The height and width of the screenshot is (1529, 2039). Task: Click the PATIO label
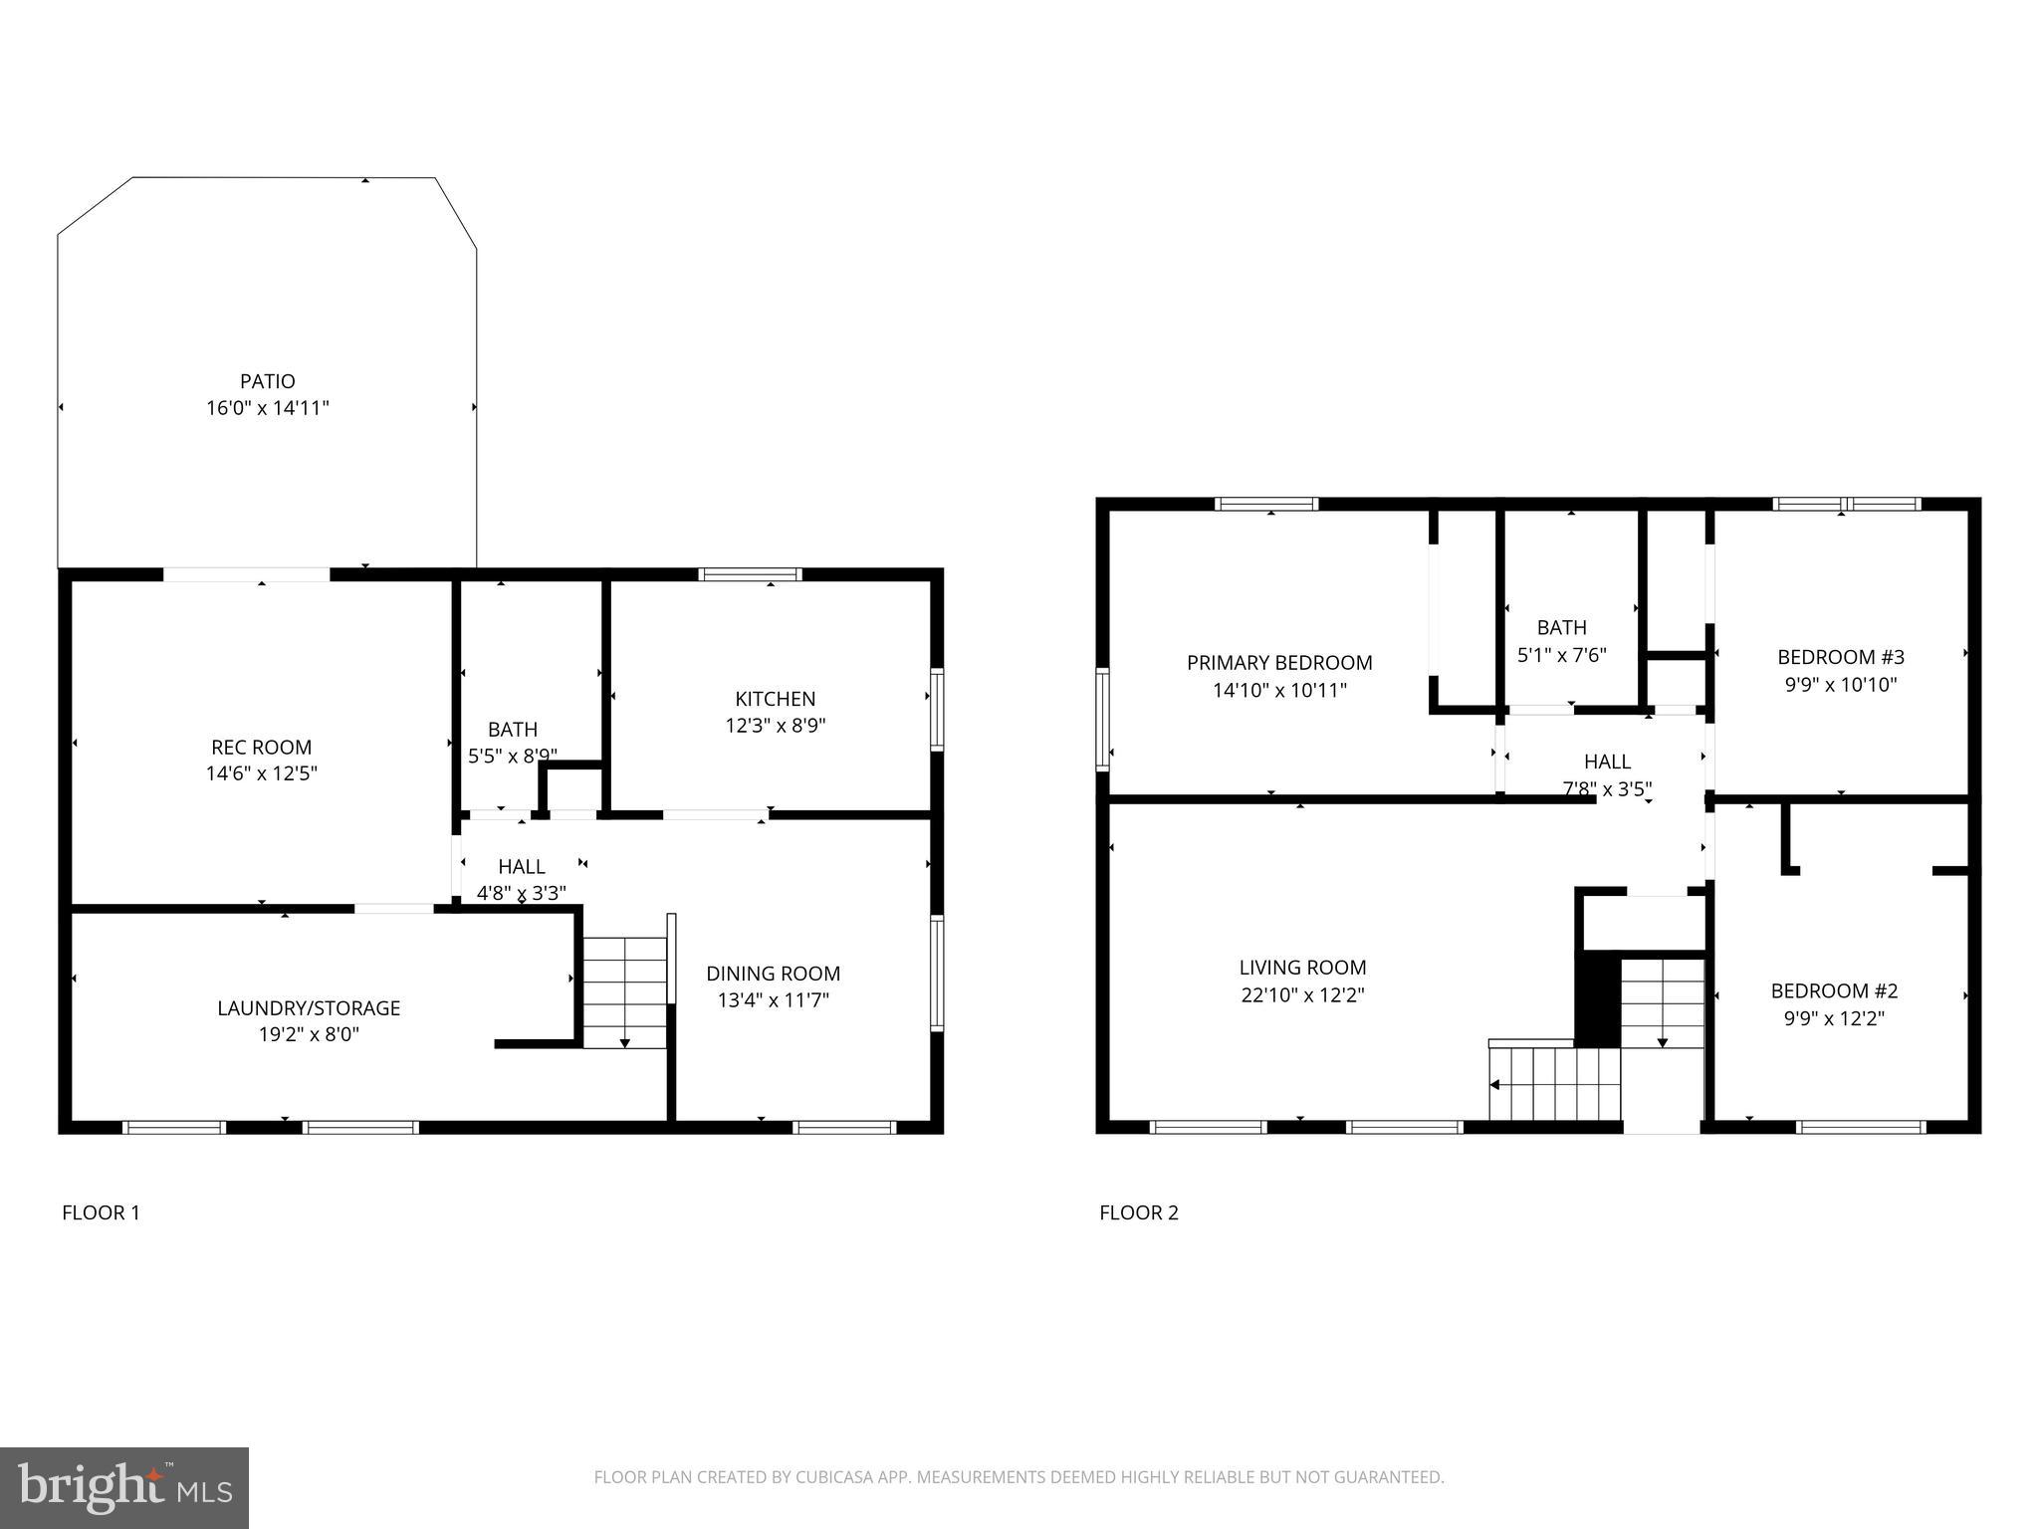[x=267, y=381]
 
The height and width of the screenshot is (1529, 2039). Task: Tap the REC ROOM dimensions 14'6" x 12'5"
[x=261, y=773]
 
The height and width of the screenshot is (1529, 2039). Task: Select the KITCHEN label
[x=775, y=699]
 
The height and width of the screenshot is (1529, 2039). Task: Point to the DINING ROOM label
[x=773, y=974]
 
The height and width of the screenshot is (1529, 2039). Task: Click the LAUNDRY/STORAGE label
[x=309, y=1008]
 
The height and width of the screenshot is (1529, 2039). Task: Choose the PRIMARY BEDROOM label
[x=1279, y=663]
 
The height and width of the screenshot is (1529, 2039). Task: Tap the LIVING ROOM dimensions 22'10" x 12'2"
[x=1302, y=994]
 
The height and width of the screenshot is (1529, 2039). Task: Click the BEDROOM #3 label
[x=1840, y=657]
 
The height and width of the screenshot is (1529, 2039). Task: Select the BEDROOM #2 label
[x=1834, y=991]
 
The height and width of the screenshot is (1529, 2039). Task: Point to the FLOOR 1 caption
[x=101, y=1212]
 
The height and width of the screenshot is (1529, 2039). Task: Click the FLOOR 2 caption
[x=1138, y=1212]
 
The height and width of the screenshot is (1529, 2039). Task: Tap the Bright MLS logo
[x=124, y=1487]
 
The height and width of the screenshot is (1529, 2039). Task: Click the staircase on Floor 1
[x=624, y=991]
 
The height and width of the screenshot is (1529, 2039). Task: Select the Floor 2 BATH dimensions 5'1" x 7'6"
[x=1561, y=655]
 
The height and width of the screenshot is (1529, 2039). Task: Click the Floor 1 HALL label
[x=521, y=867]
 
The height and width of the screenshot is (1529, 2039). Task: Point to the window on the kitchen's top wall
[x=750, y=574]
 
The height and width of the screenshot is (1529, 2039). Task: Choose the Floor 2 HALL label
[x=1607, y=763]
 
